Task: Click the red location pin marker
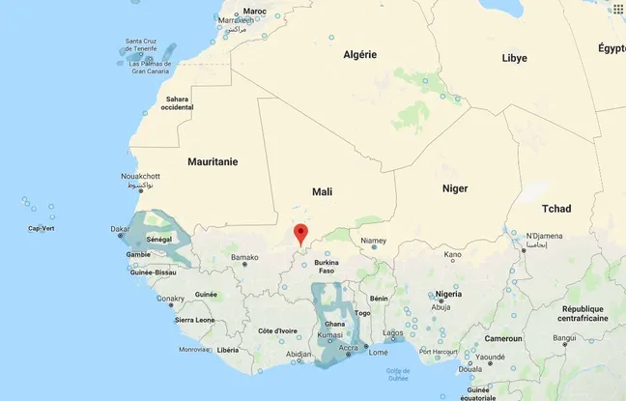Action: (x=300, y=234)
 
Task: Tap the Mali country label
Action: (x=322, y=192)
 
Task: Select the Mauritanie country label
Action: (x=213, y=161)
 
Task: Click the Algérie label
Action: (x=359, y=55)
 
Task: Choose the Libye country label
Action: (x=514, y=58)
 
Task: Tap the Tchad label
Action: (x=556, y=209)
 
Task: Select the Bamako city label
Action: (x=245, y=258)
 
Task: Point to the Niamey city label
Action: (x=373, y=241)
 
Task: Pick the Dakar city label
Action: (x=121, y=230)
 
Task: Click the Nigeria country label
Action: (x=448, y=294)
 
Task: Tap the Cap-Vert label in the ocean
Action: (x=41, y=229)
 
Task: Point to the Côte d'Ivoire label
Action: (x=277, y=331)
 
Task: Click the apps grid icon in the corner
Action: (x=614, y=11)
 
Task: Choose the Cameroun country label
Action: (x=503, y=339)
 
